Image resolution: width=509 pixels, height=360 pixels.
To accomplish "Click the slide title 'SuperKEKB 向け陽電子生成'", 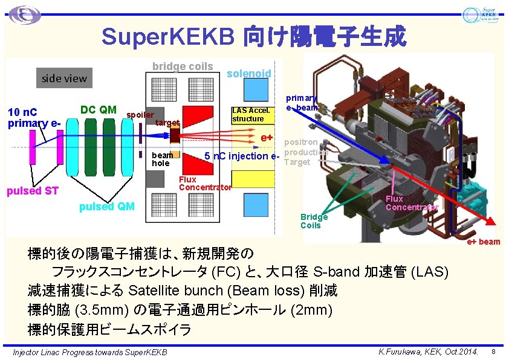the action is pyautogui.click(x=254, y=37).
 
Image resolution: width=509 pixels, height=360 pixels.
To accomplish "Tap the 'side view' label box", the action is pyautogui.click(x=64, y=78).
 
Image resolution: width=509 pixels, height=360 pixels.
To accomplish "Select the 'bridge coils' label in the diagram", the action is pyautogui.click(x=183, y=66).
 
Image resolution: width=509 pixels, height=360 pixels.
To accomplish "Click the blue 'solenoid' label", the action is pyautogui.click(x=248, y=73).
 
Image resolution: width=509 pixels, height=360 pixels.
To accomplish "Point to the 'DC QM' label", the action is pyautogui.click(x=99, y=109).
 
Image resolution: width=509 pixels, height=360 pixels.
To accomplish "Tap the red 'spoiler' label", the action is pyautogui.click(x=140, y=115).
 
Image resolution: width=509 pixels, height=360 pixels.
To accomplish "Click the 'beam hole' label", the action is pyautogui.click(x=161, y=159).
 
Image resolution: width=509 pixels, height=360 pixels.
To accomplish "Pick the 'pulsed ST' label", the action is pyautogui.click(x=32, y=191).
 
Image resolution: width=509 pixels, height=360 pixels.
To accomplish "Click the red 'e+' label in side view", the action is pyautogui.click(x=267, y=138).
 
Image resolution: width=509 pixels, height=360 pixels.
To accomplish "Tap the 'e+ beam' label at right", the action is pyautogui.click(x=484, y=242).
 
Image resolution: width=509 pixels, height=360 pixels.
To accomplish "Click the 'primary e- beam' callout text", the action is pyautogui.click(x=301, y=103).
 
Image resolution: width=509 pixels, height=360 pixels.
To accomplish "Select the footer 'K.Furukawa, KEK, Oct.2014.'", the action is pyautogui.click(x=428, y=352).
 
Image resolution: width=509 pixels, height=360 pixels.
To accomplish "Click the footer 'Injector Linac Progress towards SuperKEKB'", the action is pyautogui.click(x=90, y=352).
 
